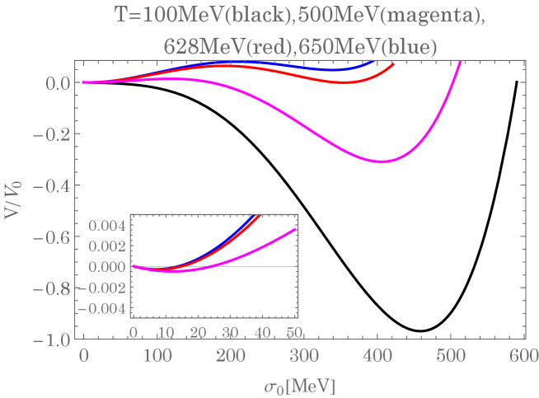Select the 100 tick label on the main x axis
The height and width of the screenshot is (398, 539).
click(x=156, y=355)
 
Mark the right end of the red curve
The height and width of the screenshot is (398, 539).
click(x=393, y=63)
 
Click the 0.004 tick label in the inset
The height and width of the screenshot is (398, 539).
click(x=107, y=225)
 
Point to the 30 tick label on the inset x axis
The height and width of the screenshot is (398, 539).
click(x=230, y=332)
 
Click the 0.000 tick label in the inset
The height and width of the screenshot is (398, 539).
click(x=107, y=266)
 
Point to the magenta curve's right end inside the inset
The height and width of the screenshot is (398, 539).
click(x=296, y=229)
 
